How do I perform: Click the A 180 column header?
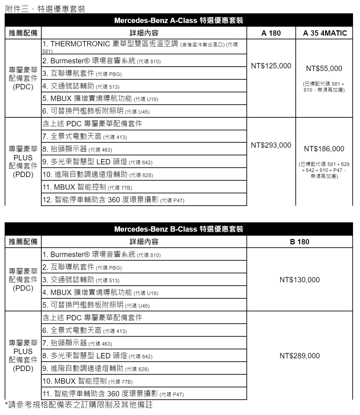[271, 33]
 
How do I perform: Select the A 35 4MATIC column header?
[325, 33]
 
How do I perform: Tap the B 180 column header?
[299, 242]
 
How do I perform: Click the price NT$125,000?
[271, 66]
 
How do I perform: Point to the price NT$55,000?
[324, 68]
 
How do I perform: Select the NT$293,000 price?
[271, 145]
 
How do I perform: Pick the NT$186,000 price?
[324, 149]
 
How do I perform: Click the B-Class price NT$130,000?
[299, 280]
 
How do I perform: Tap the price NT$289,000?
[299, 356]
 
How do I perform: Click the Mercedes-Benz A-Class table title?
[179, 20]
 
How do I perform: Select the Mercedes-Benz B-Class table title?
[179, 229]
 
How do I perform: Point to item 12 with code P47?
[113, 200]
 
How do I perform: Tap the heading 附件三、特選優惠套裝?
[45, 9]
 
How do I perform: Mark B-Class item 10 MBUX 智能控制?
[87, 381]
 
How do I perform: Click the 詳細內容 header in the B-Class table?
[144, 242]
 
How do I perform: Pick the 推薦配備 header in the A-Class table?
[23, 33]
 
